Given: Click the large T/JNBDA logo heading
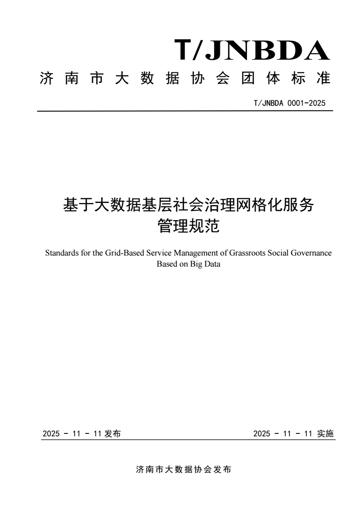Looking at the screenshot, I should coord(252,50).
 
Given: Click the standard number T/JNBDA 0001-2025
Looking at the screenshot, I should coord(290,103).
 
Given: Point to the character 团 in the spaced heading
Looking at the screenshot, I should coord(245,79).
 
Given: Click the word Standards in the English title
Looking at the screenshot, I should coord(60,254).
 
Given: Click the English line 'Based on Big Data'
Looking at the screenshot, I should coord(188,264).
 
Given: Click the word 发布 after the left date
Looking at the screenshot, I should coord(113,434).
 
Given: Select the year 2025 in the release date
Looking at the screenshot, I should coord(51,434).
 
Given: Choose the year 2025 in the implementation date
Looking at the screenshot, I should coord(261,434).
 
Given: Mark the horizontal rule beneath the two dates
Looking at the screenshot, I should coord(188,440).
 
